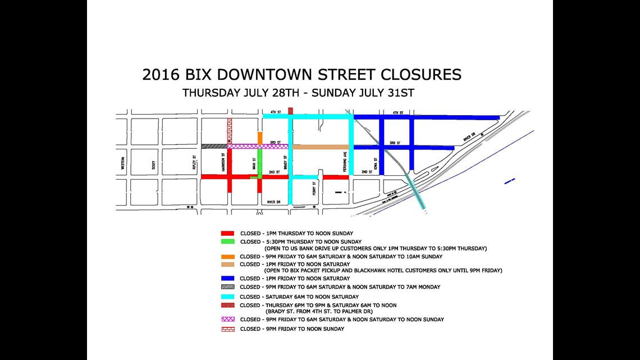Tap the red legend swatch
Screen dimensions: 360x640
coord(227,233)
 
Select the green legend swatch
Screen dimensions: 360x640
coord(227,241)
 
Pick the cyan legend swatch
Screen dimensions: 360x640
coord(227,297)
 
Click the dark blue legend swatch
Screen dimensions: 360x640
coord(227,278)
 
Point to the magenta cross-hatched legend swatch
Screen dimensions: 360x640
coord(227,319)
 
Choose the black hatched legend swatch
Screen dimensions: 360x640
coord(227,287)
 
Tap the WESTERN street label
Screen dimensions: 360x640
coord(122,163)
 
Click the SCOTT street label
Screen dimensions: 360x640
coord(153,164)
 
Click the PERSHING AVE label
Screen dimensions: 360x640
coord(345,160)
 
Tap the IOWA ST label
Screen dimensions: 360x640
coord(376,163)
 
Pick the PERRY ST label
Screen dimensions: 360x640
coord(314,187)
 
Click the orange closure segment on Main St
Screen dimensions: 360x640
coord(260,138)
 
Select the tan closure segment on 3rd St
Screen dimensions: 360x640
coord(321,147)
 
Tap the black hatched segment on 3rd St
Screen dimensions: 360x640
coord(214,146)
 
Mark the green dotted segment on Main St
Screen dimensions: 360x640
coord(260,163)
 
